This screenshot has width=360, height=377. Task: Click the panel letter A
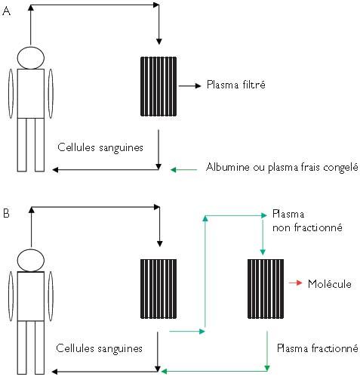[x=6, y=11]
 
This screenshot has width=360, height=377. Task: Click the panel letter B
[x=6, y=213]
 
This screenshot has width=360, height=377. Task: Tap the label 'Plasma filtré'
[x=236, y=85]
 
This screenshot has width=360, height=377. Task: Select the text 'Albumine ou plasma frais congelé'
[x=282, y=167]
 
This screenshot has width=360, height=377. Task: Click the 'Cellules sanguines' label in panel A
[x=100, y=147]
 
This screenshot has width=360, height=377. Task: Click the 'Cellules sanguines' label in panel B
[x=100, y=348]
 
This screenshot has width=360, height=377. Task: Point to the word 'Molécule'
[x=330, y=284]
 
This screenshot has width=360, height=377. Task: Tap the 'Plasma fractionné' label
[x=318, y=348]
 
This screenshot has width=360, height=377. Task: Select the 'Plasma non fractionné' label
[x=307, y=221]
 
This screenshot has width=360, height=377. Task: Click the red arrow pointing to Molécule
[x=295, y=283]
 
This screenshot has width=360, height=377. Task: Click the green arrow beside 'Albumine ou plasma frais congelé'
[x=184, y=170]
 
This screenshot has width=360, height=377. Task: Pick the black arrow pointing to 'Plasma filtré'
[x=190, y=86]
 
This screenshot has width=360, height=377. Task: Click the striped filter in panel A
[x=158, y=86]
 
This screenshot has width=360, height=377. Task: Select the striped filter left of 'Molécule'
[x=266, y=289]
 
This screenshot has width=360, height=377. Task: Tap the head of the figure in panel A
[x=31, y=57]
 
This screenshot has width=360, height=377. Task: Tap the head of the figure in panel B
[x=31, y=261]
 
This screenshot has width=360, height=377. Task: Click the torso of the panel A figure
[x=31, y=94]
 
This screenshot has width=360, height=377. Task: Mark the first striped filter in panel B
[x=158, y=289]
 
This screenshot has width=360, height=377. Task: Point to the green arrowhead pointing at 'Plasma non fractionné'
[x=263, y=215]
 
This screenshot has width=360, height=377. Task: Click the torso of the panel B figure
[x=31, y=296]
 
